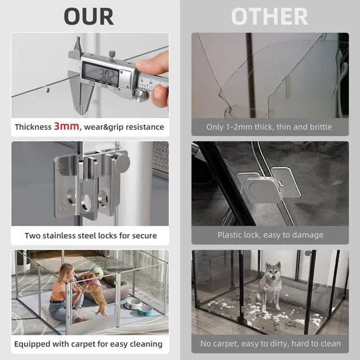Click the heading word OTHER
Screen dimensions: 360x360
(269, 16)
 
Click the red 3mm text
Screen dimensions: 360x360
(66, 127)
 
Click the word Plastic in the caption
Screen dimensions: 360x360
(231, 235)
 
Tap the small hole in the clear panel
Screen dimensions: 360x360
(48, 88)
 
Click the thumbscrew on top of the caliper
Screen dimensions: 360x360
(112, 53)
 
